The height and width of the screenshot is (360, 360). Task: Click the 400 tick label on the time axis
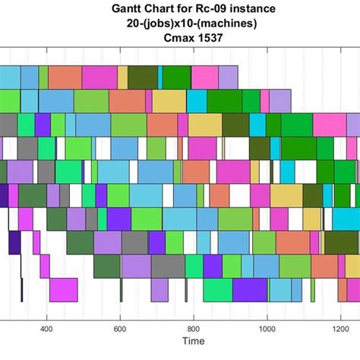coord(47,330)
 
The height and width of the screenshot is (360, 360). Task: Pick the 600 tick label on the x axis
coord(120,330)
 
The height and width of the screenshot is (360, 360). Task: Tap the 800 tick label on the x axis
coord(194,330)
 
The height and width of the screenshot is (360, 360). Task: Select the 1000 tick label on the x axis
coord(267,330)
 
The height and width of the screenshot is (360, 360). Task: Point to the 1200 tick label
coord(340,330)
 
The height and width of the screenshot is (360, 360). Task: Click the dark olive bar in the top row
coord(142,77)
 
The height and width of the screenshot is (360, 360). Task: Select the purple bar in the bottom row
coord(250,290)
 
